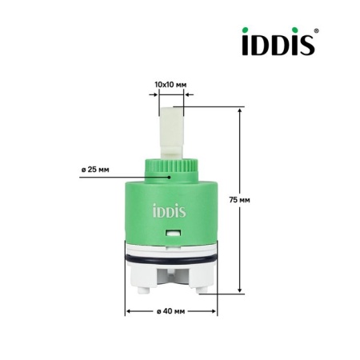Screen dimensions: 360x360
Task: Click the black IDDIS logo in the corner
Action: tap(278, 42)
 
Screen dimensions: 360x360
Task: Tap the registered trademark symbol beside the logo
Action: tap(317, 30)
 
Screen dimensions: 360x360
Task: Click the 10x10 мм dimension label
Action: tap(170, 85)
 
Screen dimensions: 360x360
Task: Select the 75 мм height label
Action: tap(240, 200)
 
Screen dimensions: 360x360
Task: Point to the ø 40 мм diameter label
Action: tap(170, 311)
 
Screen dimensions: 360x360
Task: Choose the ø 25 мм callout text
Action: tap(95, 170)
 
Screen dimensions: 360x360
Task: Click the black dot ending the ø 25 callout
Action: tap(169, 177)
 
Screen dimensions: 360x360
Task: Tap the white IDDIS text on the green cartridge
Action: tap(170, 210)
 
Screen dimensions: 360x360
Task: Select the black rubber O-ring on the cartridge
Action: tap(171, 259)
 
